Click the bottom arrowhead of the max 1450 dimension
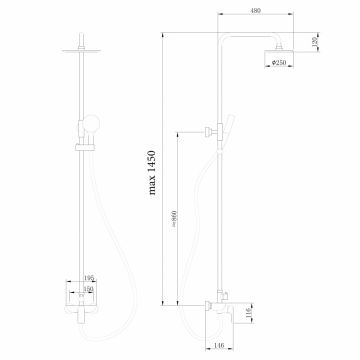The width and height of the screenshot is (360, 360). [x=162, y=299]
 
